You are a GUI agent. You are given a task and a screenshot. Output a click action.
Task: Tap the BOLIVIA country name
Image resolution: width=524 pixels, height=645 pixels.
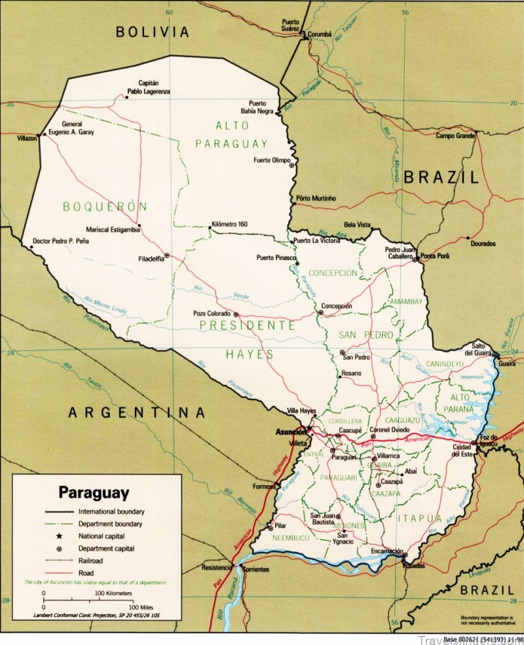click(152, 31)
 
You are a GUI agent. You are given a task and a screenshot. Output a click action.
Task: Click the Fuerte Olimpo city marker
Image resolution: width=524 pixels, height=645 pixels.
click(291, 166)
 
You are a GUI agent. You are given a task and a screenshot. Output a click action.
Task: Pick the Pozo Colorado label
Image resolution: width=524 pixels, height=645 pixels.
click(212, 314)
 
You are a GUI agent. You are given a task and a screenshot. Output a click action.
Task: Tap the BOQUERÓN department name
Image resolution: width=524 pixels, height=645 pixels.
click(105, 206)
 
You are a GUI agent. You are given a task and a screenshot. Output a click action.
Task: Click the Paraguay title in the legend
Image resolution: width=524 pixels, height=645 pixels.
click(94, 491)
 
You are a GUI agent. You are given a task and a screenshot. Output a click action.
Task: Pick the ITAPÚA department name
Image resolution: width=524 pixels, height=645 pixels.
click(419, 519)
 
